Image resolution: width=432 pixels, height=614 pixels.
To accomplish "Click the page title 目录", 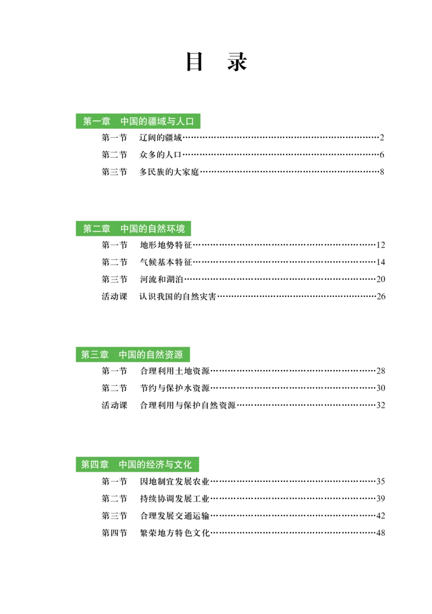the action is pos(216,62).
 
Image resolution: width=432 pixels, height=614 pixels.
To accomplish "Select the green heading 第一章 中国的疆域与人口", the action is pos(138,121).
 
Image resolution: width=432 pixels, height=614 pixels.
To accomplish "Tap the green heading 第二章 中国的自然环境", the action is pos(133,229).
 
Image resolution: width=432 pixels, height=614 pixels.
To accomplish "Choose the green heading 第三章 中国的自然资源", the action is pos(132,355).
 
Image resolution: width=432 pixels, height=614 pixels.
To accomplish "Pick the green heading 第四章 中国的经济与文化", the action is pos(137,465).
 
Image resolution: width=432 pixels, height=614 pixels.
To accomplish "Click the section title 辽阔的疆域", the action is pos(161,138).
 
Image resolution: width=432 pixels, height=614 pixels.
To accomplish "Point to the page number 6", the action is pos(382,155).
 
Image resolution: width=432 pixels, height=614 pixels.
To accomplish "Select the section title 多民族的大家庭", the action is pos(170,172).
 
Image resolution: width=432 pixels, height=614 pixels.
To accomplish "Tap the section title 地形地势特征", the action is pos(166,245).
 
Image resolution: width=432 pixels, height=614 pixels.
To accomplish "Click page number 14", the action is pos(381,262).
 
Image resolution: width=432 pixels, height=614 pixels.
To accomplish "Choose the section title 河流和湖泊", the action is pos(161,279).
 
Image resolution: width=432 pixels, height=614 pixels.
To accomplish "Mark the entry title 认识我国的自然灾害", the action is pos(178,297).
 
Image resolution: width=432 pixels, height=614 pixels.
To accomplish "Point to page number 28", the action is pos(381,371).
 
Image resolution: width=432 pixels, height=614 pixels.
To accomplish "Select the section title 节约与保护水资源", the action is pos(175,388).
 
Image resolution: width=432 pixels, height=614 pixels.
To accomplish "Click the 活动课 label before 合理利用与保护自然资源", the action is pos(114,406).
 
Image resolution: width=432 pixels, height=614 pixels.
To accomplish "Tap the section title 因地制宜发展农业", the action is pos(175,482).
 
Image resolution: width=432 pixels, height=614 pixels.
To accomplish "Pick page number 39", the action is pos(381,499).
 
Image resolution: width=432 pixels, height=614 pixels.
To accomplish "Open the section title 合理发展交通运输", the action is pos(175,516).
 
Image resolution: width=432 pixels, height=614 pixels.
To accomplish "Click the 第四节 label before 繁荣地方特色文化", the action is pos(114,533).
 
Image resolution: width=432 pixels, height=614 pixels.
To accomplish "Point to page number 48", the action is pos(381,533).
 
